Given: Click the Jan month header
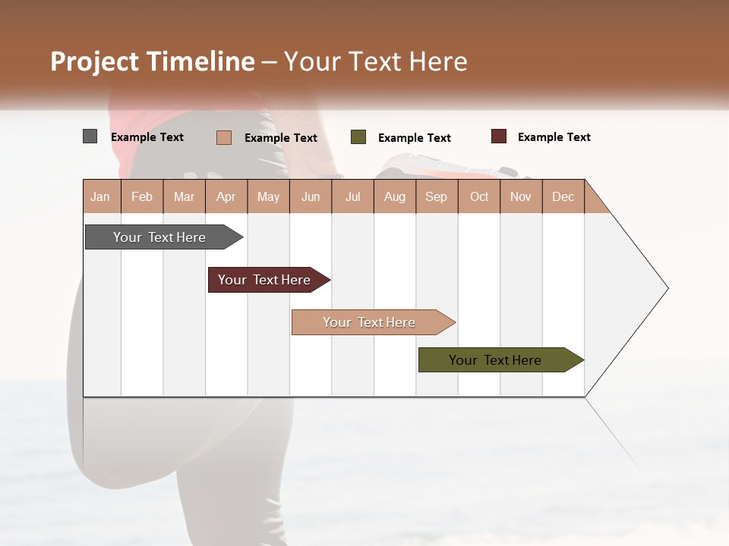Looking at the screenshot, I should pos(100,196).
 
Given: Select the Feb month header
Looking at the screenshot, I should pos(142,196).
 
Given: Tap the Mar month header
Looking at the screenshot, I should pos(184,196).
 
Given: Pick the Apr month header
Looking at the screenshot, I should pos(226,196).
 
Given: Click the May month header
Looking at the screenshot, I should pos(268,196).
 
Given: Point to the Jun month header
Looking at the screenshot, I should pos(311,196).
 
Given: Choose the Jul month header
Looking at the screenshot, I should pos(352,196).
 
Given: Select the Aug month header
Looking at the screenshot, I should pos(395,196).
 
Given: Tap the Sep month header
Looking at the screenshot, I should pos(437,196).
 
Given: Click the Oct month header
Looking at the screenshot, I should pos(479,196).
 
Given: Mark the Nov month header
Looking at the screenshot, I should pos(521,196).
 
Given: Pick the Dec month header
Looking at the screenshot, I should pos(563,196).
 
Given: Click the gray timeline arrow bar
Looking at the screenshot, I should pos(160,237).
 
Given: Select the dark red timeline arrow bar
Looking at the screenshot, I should pos(265,280).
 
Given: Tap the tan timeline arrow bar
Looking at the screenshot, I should pos(370,322).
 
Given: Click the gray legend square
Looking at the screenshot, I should pos(90,136).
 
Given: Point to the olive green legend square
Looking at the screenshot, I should pos(358,137).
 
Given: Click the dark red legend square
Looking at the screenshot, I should pos(499,136).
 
